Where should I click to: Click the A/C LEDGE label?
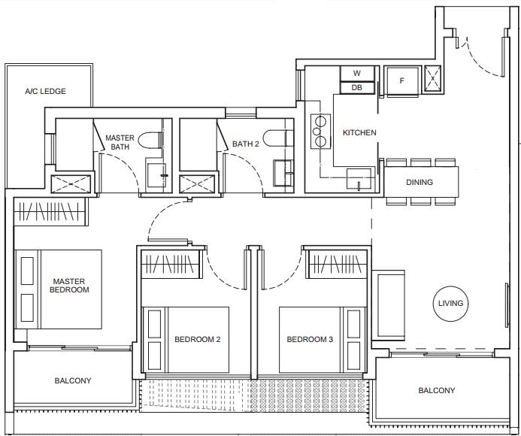coord(46,91)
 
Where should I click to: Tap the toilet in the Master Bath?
coord(150,141)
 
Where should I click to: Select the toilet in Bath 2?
coord(278,138)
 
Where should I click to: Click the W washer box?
coord(357,73)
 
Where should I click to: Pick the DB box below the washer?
coord(357,88)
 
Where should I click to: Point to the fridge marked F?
coord(401,80)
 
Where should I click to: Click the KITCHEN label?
coord(359,132)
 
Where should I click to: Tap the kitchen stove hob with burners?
coord(320,132)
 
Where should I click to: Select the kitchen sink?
coord(359,178)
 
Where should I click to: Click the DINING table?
coord(421,182)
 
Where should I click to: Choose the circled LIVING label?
coord(450,304)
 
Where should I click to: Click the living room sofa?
coord(388,305)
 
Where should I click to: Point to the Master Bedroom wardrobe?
coord(51,212)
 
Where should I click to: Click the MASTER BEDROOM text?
coord(69,286)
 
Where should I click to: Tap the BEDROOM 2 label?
coord(198,339)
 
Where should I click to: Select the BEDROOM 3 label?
coord(310,339)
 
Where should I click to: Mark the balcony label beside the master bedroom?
coord(73,380)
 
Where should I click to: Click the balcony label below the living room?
coord(437,390)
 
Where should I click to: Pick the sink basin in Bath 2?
coord(283,173)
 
